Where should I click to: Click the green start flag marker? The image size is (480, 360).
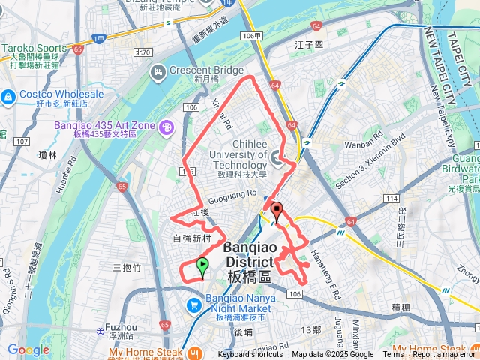click(x=202, y=265)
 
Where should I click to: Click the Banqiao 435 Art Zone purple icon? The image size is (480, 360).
click(x=166, y=127)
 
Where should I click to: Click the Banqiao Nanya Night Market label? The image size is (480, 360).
click(x=230, y=302)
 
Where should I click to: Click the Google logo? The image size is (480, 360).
click(x=28, y=349)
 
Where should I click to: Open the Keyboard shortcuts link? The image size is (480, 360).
click(x=250, y=355)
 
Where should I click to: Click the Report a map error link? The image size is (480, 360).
click(x=445, y=355)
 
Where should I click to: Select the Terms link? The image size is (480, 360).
click(x=393, y=355)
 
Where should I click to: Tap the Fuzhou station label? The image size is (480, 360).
click(x=121, y=328)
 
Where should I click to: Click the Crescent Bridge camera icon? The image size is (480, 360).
click(x=157, y=72)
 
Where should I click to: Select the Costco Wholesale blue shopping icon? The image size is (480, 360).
click(x=8, y=96)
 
